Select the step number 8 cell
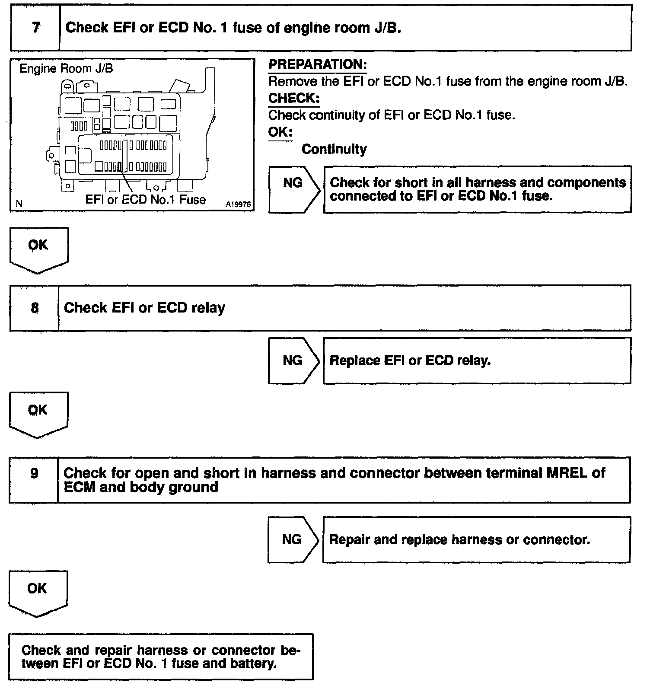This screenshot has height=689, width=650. coord(35,308)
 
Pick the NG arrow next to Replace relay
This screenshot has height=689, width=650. coord(293,360)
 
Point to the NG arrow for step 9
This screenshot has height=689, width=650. coord(292,539)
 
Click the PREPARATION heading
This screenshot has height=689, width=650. coord(318,65)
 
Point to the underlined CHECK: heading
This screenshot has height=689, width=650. coord(294,99)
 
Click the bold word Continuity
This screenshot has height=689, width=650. coord(334,150)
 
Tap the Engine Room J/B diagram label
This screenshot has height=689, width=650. coord(67,69)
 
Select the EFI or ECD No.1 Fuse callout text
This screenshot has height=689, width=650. coord(145,200)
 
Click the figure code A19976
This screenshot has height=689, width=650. coord(238,204)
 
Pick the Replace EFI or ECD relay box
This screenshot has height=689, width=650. coord(477,361)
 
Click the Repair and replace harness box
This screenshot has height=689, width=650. coord(476,540)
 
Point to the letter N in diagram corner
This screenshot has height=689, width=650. coord(19,203)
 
